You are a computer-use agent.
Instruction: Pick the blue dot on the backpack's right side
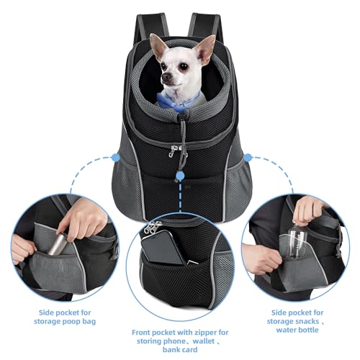pyautogui.click(x=248, y=156)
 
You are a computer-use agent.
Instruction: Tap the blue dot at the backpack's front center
pyautogui.click(x=180, y=175)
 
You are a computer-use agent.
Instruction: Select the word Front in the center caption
pyautogui.click(x=143, y=333)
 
